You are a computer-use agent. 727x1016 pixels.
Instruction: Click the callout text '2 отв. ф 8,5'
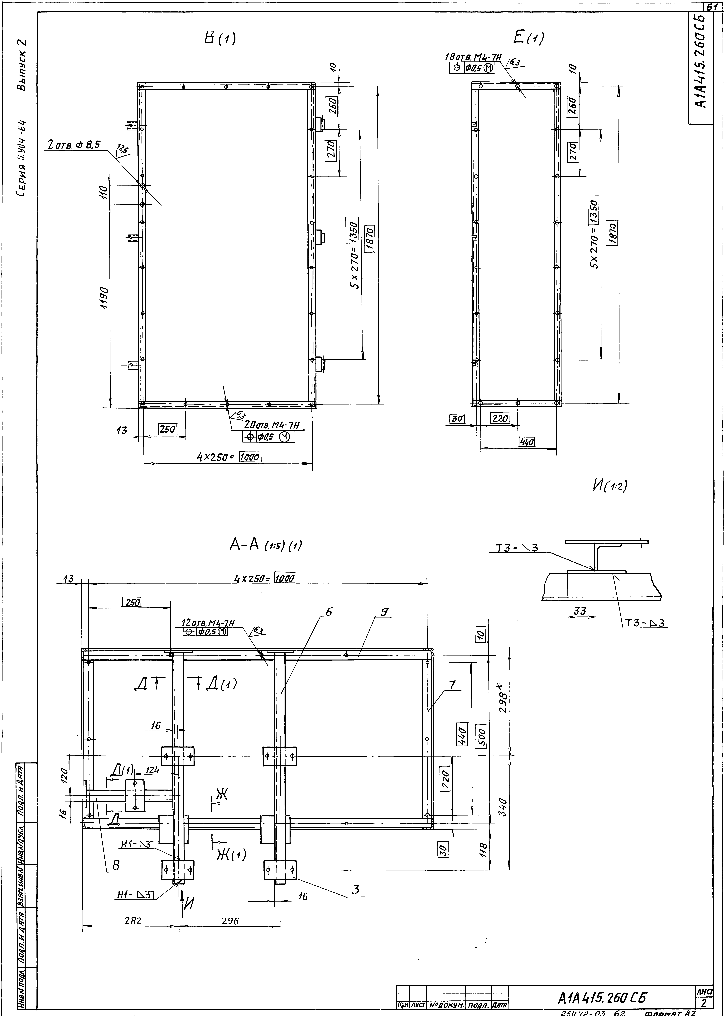point(74,145)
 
